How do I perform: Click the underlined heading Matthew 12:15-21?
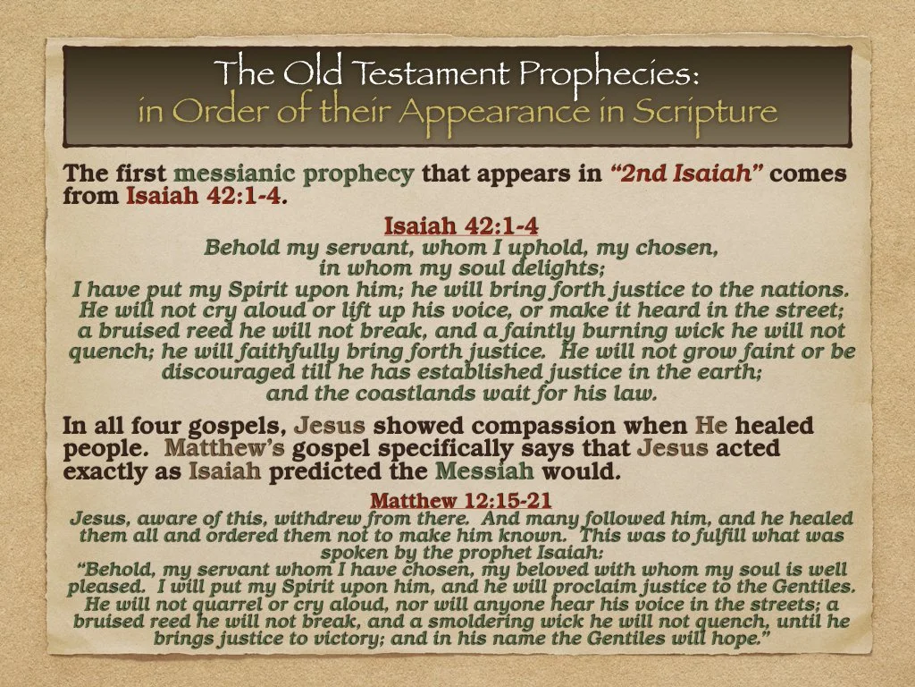(x=461, y=500)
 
